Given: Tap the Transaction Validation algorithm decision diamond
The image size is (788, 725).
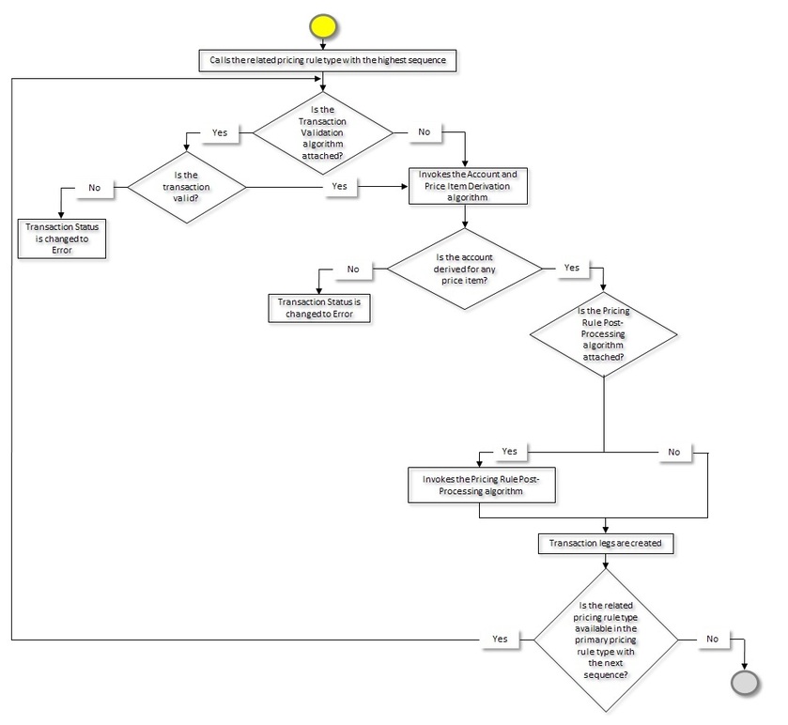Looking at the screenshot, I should [323, 132].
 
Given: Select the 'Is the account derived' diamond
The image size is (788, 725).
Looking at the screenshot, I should [465, 269].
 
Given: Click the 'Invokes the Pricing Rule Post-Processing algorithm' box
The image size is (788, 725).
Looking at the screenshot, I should [481, 484].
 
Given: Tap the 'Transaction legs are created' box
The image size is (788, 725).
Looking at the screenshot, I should [605, 543].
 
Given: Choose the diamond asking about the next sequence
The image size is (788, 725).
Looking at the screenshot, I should [605, 640].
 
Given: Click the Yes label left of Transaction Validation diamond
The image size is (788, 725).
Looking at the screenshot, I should [220, 132].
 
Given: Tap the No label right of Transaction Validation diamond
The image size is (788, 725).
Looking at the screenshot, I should [424, 132].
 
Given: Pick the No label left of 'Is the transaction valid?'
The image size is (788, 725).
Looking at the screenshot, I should [95, 187].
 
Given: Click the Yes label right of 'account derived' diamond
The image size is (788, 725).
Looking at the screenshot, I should [570, 268].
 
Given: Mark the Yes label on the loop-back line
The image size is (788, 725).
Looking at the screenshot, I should [501, 639].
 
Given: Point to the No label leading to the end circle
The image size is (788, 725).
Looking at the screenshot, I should [711, 639].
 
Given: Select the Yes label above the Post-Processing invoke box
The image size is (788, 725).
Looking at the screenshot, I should [509, 452].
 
